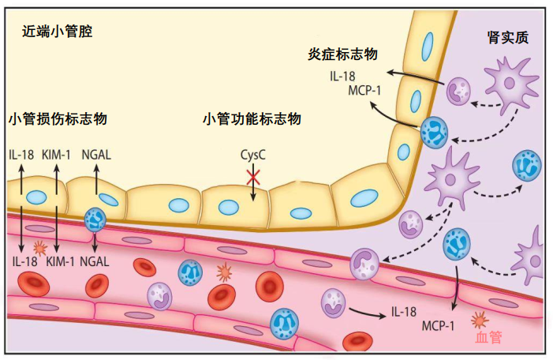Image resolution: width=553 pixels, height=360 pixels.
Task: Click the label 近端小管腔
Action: point(58,33)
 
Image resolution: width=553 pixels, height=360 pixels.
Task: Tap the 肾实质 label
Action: point(507,37)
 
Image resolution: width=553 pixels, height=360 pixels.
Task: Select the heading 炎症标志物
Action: point(343,54)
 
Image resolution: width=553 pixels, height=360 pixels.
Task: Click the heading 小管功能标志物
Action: point(252,119)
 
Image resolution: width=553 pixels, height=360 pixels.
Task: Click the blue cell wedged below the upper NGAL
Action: point(95,219)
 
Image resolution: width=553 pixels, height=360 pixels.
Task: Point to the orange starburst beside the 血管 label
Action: point(478,321)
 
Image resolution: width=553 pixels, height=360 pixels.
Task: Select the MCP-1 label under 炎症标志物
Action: point(364,90)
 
